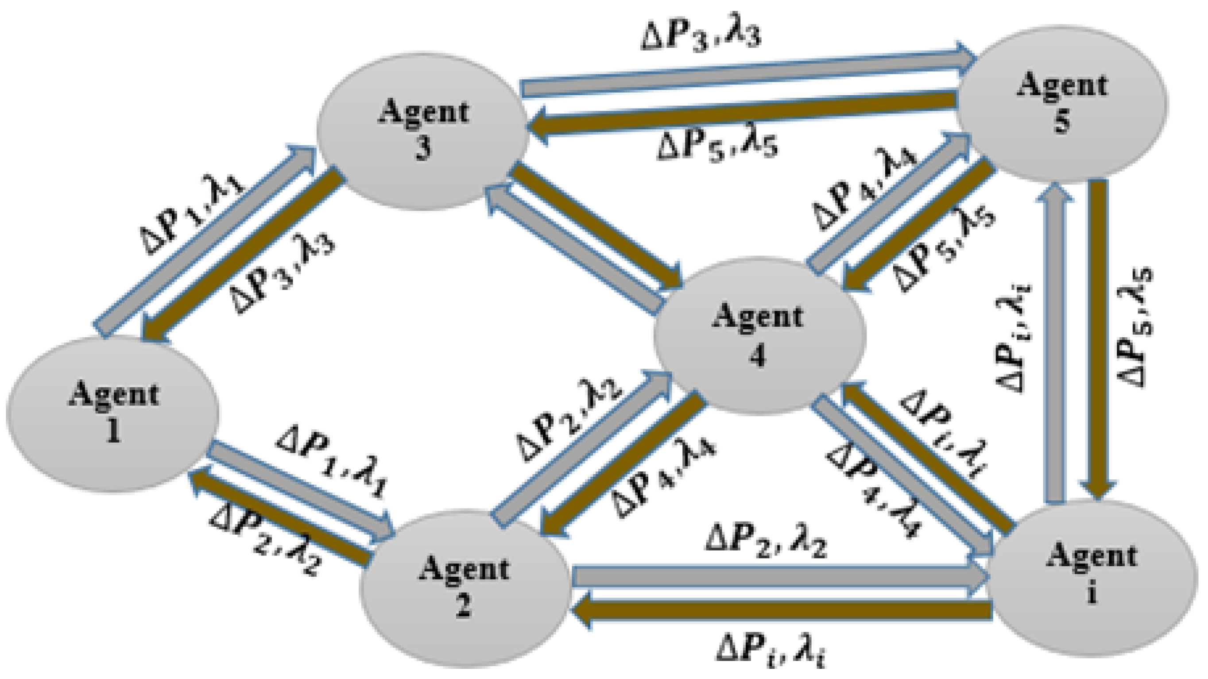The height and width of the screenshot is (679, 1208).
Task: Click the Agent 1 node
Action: (112, 413)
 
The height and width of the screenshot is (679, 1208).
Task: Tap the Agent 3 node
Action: (422, 131)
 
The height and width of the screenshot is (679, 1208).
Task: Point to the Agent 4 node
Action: (759, 336)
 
